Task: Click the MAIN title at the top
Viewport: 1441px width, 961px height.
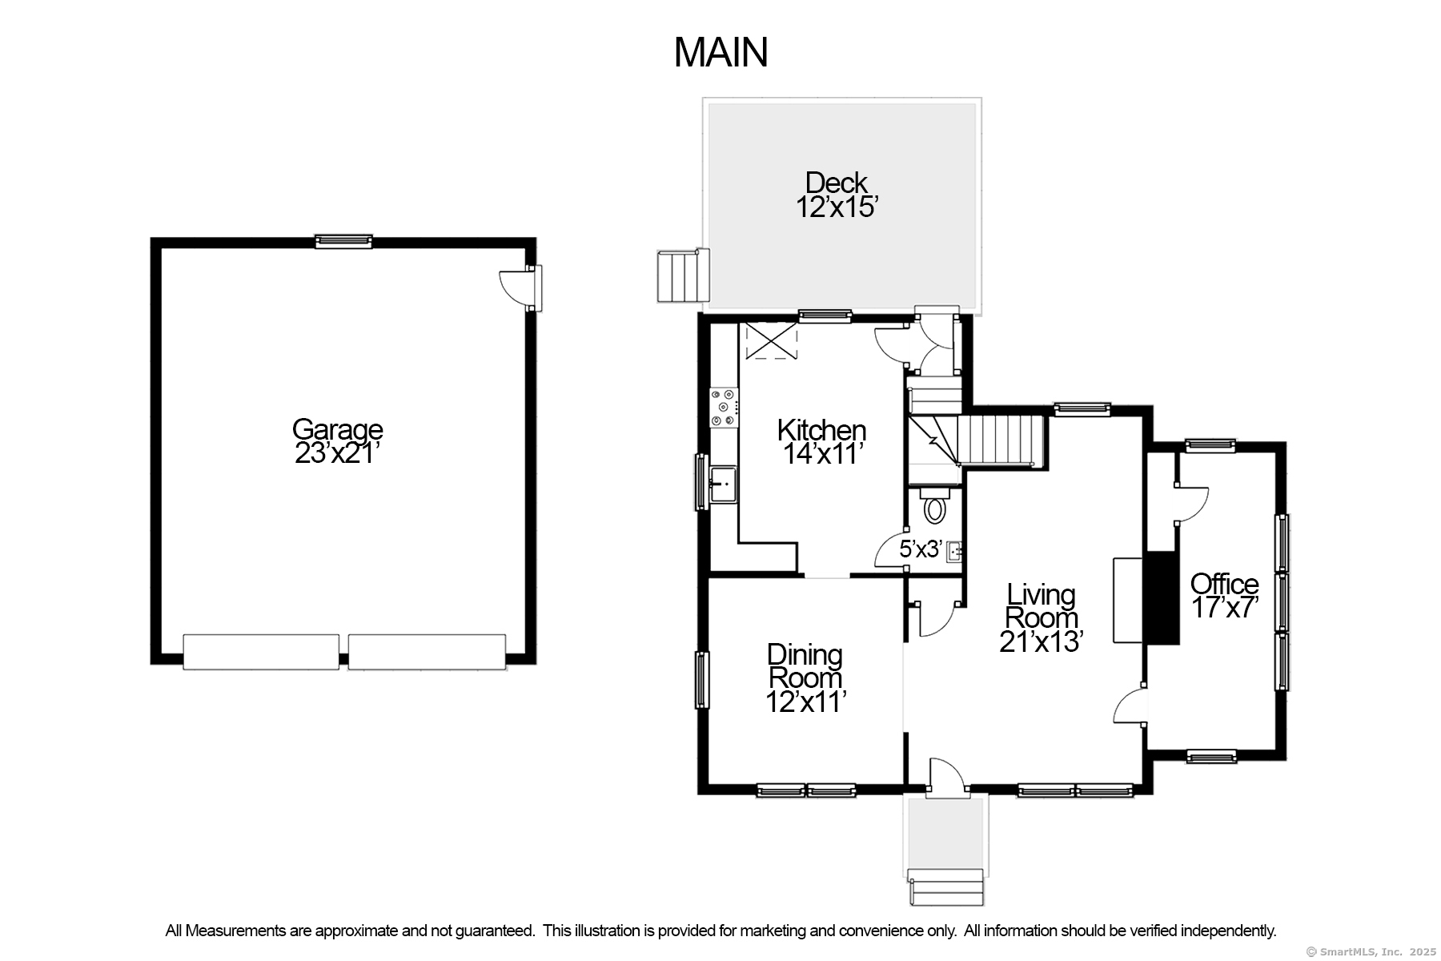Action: pyautogui.click(x=720, y=52)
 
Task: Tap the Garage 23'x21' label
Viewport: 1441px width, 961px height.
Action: pyautogui.click(x=337, y=441)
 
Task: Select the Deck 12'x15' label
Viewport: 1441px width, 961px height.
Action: pyautogui.click(x=837, y=195)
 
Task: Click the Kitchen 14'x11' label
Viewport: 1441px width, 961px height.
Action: pyautogui.click(x=821, y=442)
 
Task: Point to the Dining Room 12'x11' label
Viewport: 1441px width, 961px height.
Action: pyautogui.click(x=805, y=678)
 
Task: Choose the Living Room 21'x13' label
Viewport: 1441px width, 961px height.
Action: pyautogui.click(x=1042, y=617)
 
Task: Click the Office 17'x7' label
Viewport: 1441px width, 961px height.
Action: pyautogui.click(x=1225, y=595)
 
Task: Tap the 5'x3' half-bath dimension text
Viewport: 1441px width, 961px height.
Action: pyautogui.click(x=919, y=549)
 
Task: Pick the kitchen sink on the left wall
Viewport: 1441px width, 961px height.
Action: pyautogui.click(x=722, y=484)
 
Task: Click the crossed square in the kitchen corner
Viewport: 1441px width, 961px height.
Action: pyautogui.click(x=771, y=341)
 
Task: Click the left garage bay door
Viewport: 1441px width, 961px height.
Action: pyautogui.click(x=261, y=652)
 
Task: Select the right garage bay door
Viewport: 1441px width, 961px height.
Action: pyautogui.click(x=427, y=652)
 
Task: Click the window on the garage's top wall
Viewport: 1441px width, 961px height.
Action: pyautogui.click(x=343, y=241)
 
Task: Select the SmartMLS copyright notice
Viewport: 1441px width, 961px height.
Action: pyautogui.click(x=1371, y=951)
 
